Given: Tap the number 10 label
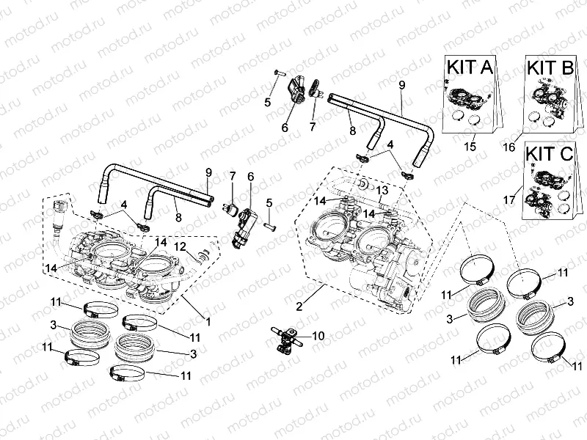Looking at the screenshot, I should coord(318,336).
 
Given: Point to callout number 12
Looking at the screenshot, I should coord(180,246).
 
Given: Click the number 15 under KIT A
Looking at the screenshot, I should coord(470,147).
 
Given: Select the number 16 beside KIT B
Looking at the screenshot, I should coord(508,147).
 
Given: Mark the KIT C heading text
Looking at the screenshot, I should coord(550,155).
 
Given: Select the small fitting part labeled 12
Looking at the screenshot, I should coord(204,255).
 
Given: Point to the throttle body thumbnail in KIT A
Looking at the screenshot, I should coord(467,97).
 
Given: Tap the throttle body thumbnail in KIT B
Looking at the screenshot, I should coord(548,98).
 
